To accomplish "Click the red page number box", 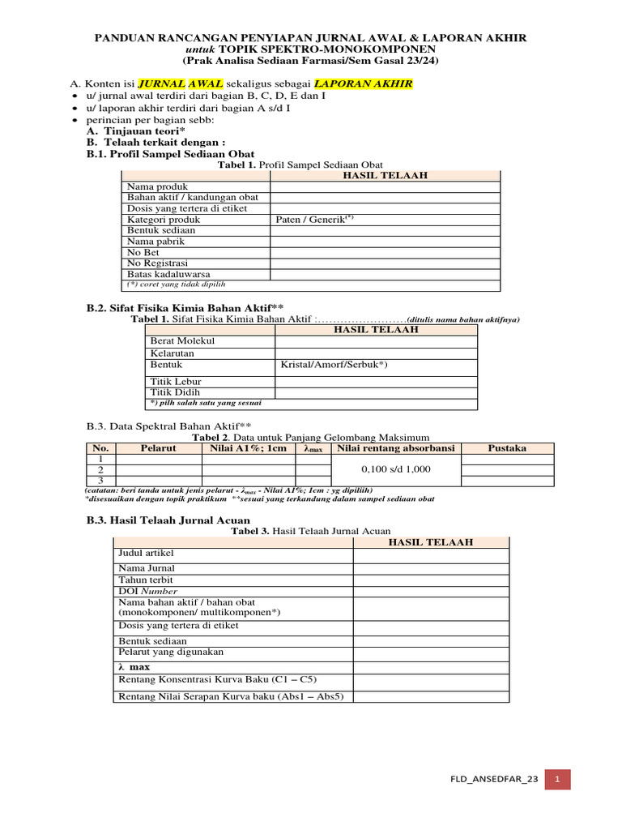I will (x=557, y=779).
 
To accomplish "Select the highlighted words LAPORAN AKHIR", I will (x=363, y=83).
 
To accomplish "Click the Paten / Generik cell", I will (x=315, y=219).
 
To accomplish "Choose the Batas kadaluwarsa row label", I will (x=168, y=274).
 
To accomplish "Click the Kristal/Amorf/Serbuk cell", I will (x=334, y=365).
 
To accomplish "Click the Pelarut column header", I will (x=159, y=448).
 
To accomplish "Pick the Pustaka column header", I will (x=507, y=448).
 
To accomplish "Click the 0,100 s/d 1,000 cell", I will (x=396, y=469).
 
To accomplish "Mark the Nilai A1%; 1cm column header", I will (x=248, y=448).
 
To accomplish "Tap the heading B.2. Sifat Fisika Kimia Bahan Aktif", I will (x=185, y=308).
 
